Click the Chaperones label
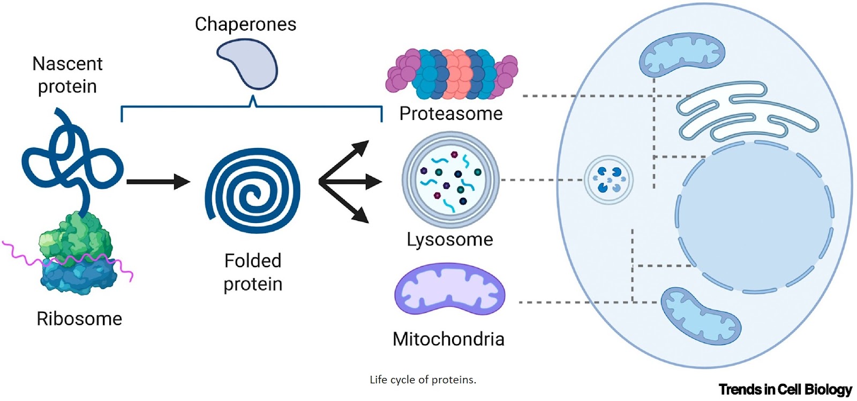point(245,24)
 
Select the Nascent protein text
point(67,75)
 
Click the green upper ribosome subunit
point(75,236)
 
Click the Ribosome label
point(79,318)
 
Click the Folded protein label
point(253,272)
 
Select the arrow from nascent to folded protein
point(159,182)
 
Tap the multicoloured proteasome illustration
point(451,75)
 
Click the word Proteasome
point(451,114)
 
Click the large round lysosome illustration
point(450,180)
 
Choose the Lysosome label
point(450,239)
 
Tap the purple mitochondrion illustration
point(449,289)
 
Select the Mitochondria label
point(449,339)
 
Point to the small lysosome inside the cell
point(608,180)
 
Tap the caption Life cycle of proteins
point(423,380)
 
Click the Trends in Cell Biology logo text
point(785,389)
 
